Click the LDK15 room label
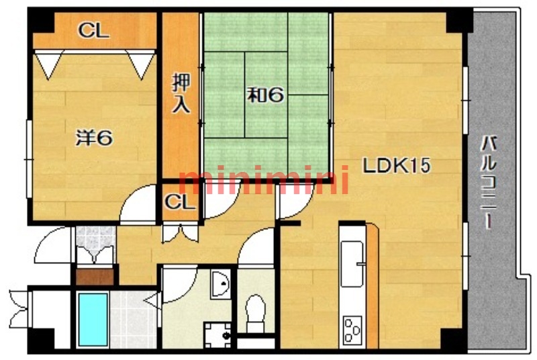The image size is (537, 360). (x=396, y=166)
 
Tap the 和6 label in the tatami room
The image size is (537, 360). (x=266, y=95)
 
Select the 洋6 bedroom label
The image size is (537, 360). (x=94, y=138)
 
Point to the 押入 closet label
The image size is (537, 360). (x=181, y=93)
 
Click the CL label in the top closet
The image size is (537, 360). (x=94, y=30)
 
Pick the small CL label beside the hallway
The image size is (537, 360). (x=180, y=202)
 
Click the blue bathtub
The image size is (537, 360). (x=93, y=319)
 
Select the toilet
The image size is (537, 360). (x=256, y=313)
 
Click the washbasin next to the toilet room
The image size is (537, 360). (x=220, y=283)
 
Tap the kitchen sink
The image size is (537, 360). (x=352, y=264)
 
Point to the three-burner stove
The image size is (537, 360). (x=352, y=330)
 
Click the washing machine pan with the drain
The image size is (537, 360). (x=217, y=334)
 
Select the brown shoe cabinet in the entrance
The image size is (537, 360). (x=95, y=277)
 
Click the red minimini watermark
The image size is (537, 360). (x=264, y=179)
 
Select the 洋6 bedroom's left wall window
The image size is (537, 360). (x=29, y=159)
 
